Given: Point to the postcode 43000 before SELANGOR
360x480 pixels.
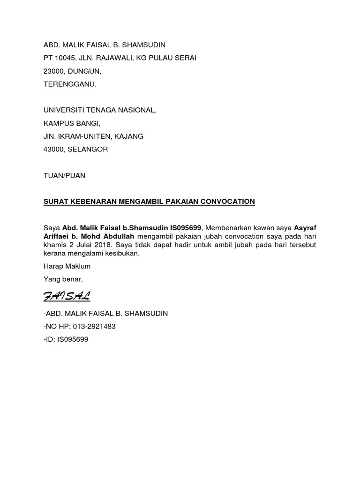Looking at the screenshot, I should click(54, 150).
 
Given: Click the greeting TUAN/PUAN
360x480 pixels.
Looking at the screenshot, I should click(65, 176).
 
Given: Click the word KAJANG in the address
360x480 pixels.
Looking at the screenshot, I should click(130, 136).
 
